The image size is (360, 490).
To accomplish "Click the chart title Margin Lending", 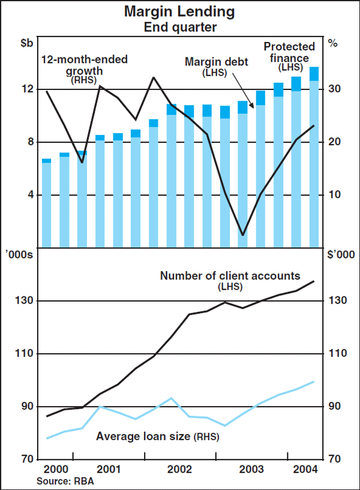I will coord(179,11).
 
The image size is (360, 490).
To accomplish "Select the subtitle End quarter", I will coord(179,26).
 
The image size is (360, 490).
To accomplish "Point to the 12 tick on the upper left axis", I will coord(24,89).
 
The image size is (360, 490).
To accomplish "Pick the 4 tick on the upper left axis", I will coord(27,195).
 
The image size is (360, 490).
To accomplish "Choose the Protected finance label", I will coord(289,53).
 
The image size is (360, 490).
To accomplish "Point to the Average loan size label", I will coord(158,437).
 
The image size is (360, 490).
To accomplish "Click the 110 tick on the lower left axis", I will coord(22,354).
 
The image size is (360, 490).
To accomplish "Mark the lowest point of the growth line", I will coord(242,235).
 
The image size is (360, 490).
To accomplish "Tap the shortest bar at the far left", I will coord(46,204).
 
